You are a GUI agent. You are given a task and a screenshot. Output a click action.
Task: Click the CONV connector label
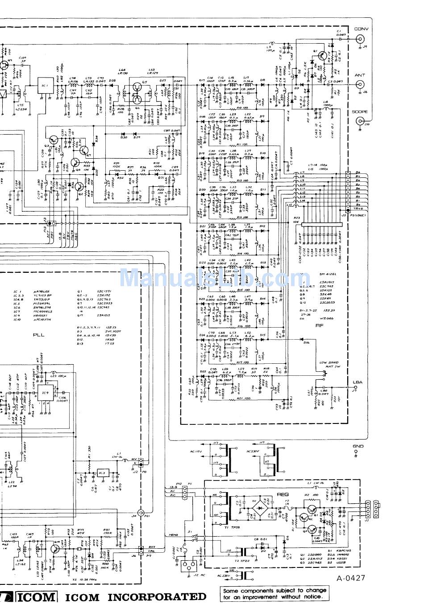(x=361, y=29)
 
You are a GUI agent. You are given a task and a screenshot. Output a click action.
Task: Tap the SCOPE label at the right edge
(x=360, y=112)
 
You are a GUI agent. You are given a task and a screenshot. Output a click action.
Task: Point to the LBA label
(x=357, y=382)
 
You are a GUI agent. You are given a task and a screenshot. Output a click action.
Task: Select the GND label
(x=358, y=446)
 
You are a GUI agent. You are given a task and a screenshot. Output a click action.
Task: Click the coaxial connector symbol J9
(x=359, y=39)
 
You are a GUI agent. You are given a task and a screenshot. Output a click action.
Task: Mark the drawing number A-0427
(x=351, y=578)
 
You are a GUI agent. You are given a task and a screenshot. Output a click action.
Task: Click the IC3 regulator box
(x=102, y=473)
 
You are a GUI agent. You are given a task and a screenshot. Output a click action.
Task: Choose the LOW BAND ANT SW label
(x=329, y=364)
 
